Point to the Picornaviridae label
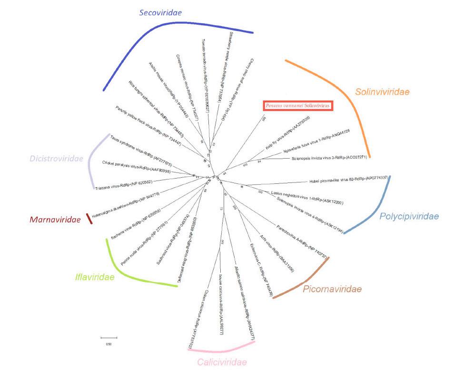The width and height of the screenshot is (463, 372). [332, 289]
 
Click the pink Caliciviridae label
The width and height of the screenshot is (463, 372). [222, 362]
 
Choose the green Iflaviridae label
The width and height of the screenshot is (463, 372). [95, 277]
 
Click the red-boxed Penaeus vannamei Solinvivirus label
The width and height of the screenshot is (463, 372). [297, 106]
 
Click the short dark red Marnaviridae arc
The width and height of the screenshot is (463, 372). [89, 219]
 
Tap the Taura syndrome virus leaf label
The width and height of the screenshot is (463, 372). [141, 152]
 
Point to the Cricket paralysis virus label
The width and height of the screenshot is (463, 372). [137, 167]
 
